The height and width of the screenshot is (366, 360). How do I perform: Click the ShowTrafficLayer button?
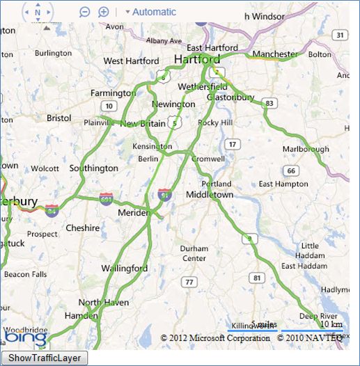45,358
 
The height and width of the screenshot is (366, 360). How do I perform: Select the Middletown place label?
210,195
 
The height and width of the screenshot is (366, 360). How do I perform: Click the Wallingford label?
125,268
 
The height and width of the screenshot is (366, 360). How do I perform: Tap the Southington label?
94,168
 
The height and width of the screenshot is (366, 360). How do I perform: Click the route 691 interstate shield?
106,198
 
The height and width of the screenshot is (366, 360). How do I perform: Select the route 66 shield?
291,170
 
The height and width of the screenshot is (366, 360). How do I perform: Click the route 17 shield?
232,144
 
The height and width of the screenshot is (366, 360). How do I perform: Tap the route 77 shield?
188,282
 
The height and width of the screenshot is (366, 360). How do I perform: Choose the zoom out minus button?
85,12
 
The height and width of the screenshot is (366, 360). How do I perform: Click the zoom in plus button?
103,12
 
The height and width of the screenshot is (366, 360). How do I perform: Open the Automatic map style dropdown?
150,12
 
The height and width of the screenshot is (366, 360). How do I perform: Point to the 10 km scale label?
331,324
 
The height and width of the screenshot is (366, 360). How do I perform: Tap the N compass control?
38,12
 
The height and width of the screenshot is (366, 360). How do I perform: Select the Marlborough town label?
305,149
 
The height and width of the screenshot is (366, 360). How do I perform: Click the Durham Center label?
194,253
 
